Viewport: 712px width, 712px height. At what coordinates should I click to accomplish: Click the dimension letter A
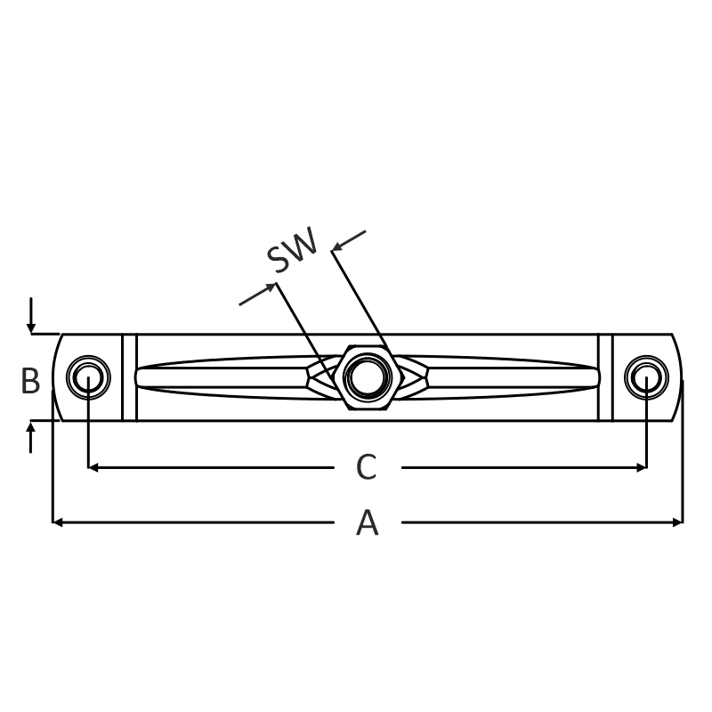click(367, 523)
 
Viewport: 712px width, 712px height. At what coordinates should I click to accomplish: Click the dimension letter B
click(30, 381)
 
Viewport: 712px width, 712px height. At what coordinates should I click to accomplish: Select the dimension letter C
click(367, 466)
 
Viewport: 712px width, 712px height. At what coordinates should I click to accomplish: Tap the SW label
click(292, 250)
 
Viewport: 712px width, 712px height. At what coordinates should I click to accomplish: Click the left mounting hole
click(88, 377)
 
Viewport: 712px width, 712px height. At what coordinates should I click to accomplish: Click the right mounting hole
click(646, 377)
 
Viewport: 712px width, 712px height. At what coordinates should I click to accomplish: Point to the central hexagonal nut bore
click(368, 377)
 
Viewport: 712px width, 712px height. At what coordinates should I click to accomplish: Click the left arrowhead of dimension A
click(58, 523)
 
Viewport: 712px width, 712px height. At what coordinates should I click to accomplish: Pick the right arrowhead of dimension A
click(677, 523)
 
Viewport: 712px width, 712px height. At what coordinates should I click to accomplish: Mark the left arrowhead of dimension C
click(93, 467)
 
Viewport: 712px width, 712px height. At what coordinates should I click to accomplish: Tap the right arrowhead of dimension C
click(641, 467)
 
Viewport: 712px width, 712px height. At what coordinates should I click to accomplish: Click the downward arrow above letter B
click(31, 315)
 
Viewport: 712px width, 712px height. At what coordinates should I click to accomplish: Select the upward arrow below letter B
click(30, 437)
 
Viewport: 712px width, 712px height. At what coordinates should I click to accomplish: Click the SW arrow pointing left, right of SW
click(349, 240)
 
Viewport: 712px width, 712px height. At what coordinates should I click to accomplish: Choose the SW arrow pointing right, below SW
click(257, 294)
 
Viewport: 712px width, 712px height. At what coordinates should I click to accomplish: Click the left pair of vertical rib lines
click(129, 377)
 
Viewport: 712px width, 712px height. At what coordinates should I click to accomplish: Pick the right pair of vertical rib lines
click(605, 377)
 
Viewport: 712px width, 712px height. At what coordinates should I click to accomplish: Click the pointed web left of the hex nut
click(324, 377)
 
